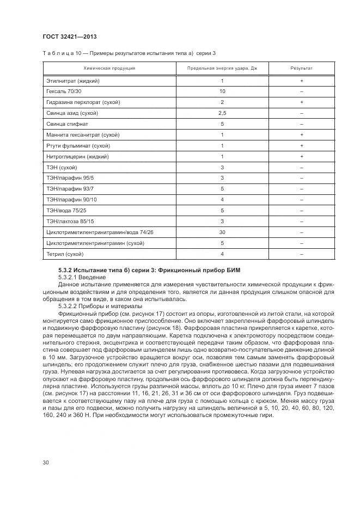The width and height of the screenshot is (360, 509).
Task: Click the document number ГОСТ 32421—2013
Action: [x=63, y=36]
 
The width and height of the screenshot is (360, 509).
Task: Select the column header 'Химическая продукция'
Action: [x=109, y=69]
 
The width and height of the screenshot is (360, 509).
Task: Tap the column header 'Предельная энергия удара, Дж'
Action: [x=222, y=69]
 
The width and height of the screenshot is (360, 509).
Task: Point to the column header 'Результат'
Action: [x=301, y=69]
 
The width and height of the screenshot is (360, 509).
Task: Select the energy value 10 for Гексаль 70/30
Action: [x=222, y=91]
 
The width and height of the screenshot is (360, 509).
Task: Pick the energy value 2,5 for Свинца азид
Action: [x=222, y=113]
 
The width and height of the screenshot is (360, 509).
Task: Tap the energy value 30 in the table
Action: [x=222, y=232]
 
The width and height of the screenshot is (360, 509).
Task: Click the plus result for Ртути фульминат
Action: [x=301, y=146]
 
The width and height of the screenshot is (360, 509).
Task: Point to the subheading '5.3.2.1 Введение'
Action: [x=81, y=278]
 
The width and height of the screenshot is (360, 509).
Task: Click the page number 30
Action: [x=46, y=463]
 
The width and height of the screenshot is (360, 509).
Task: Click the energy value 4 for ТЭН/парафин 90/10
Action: [x=222, y=200]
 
